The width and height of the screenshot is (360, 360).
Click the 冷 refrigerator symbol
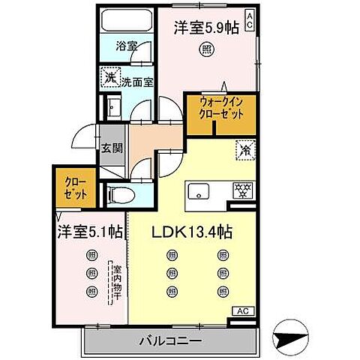tap(244, 149)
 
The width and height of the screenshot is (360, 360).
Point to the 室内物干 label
tap(116, 282)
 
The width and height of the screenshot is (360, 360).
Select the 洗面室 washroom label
tap(138, 82)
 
